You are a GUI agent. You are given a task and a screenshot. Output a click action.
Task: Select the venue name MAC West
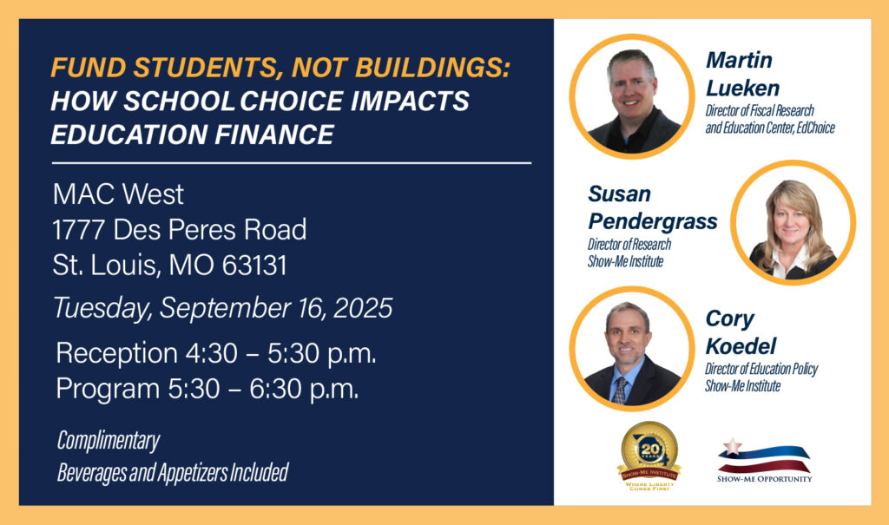(118, 193)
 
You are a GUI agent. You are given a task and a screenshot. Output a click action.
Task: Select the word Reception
(116, 353)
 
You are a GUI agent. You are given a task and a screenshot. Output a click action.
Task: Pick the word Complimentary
(109, 441)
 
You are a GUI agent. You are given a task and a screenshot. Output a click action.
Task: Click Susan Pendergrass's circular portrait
(793, 223)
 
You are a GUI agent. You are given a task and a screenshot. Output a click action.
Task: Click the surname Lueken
(742, 88)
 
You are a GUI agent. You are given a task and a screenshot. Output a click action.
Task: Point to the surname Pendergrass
(653, 221)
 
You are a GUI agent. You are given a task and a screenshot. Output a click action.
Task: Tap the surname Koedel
(740, 346)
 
